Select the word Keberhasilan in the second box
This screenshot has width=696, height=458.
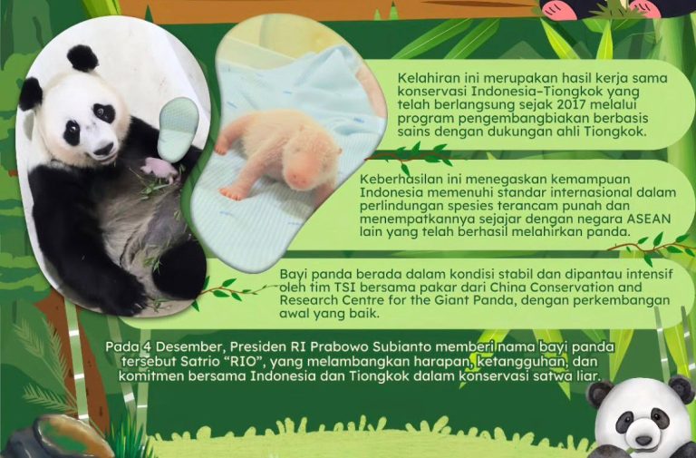(399, 177)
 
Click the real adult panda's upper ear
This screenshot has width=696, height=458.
(82, 59)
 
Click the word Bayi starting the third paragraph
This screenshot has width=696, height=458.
(294, 273)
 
